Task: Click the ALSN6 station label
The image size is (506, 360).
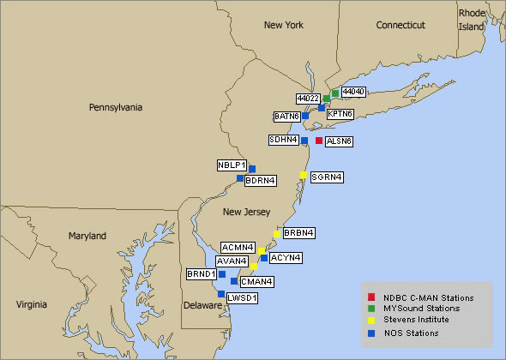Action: click(x=340, y=141)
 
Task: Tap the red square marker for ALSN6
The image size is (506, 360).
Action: click(x=319, y=141)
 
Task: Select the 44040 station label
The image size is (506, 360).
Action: click(x=353, y=91)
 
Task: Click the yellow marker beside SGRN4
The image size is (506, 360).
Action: click(x=303, y=175)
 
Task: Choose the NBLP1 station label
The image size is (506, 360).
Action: click(x=232, y=165)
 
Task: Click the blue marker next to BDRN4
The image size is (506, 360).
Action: click(x=240, y=178)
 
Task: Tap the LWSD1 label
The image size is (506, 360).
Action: click(x=243, y=297)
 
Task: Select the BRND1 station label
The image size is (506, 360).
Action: click(x=202, y=274)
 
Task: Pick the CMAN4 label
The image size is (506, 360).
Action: click(x=257, y=281)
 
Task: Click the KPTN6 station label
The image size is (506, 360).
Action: click(x=340, y=113)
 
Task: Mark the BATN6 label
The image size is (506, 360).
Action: click(x=286, y=116)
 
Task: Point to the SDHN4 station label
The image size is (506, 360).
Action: click(x=283, y=140)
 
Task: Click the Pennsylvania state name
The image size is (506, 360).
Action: click(x=119, y=108)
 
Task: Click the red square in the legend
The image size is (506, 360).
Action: click(x=366, y=296)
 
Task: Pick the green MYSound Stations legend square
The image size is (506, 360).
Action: click(x=366, y=308)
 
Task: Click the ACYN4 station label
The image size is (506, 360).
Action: click(x=285, y=256)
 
